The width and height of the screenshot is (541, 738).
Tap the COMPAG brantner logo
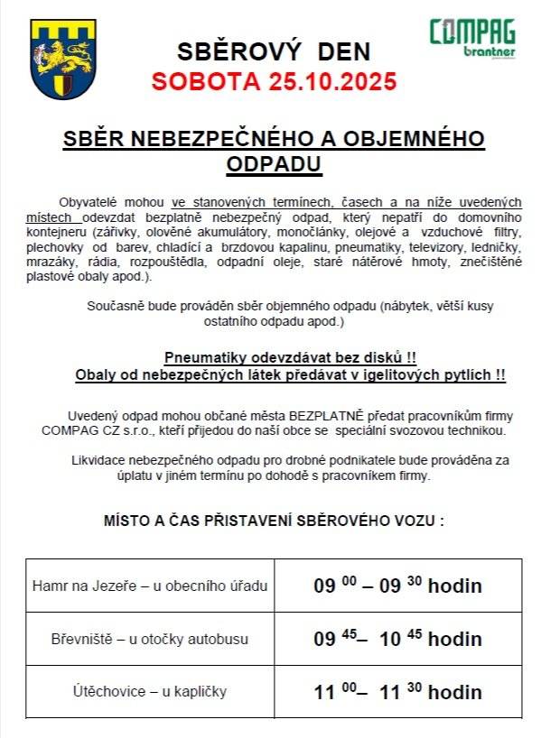(x=472, y=38)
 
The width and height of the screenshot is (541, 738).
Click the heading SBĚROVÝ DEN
(x=273, y=51)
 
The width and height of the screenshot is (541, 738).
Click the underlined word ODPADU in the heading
(x=273, y=163)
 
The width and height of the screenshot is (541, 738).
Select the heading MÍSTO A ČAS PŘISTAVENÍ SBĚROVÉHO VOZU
(x=274, y=521)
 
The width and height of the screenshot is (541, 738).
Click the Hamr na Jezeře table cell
(x=150, y=586)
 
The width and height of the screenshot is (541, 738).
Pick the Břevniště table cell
(x=150, y=639)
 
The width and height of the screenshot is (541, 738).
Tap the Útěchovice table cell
(x=150, y=691)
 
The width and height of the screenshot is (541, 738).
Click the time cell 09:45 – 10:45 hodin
(x=397, y=639)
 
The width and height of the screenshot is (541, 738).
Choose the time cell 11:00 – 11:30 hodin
(x=397, y=692)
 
